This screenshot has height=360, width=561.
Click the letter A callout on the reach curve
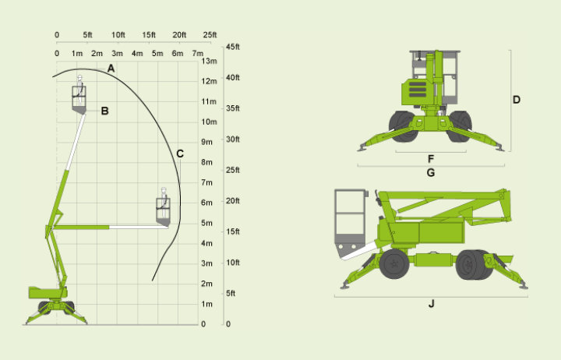coord(111,69)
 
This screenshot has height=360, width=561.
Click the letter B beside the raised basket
coord(104,111)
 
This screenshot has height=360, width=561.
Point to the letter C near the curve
coord(180,154)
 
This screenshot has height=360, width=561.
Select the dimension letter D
coord(517,100)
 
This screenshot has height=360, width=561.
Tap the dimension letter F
coord(431,159)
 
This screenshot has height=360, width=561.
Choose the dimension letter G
coord(431,173)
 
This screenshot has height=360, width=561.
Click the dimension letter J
coord(431,304)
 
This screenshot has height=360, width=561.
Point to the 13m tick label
coord(210,62)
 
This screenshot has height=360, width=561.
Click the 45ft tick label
coord(233,47)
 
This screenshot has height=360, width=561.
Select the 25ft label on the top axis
coord(210,35)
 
